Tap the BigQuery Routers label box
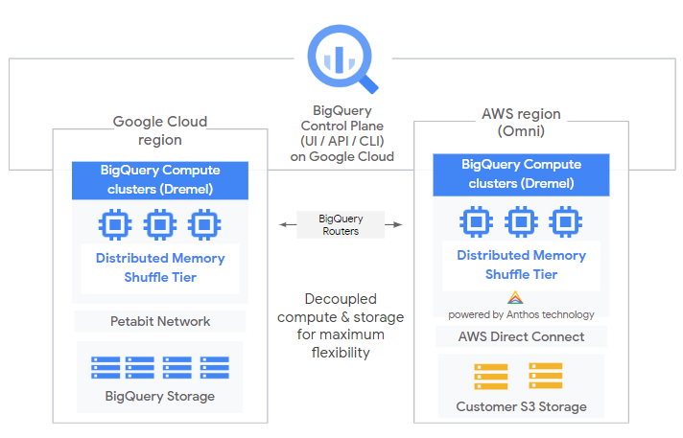coord(341,225)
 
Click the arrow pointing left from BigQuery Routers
coord(285,225)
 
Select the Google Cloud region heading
coord(159,129)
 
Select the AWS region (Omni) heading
coord(521,122)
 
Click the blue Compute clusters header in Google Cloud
coord(160,179)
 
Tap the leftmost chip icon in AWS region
coord(475,222)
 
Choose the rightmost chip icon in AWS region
coord(565,222)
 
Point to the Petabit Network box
coord(159,321)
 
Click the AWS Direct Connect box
coord(521,336)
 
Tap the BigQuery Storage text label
coord(159,396)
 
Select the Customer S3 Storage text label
coord(521,407)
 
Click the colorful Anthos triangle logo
coord(515,298)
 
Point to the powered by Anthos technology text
coord(521,314)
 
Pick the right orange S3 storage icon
coord(545,376)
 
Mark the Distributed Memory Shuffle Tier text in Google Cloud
coord(160,267)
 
